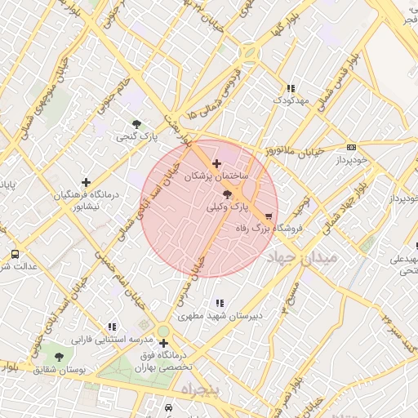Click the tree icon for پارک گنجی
[136, 124]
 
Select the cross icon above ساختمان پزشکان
[216, 164]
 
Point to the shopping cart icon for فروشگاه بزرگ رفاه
[269, 216]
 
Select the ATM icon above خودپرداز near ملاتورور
[351, 147]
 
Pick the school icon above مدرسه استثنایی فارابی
[112, 327]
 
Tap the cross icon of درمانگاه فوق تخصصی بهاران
[163, 344]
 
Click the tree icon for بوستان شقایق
[58, 357]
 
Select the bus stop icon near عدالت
[15, 254]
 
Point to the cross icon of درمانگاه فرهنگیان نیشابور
[86, 182]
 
